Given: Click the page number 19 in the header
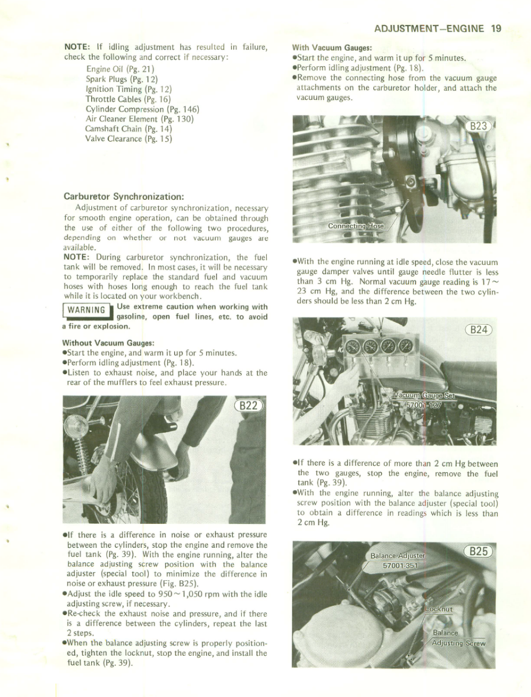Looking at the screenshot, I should pyautogui.click(x=496, y=28).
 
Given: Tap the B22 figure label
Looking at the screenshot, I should pyautogui.click(x=248, y=405).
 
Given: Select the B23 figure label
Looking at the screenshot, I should pyautogui.click(x=480, y=127).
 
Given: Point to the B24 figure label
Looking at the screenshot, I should pyautogui.click(x=479, y=330).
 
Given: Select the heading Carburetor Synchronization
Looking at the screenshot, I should pyautogui.click(x=124, y=196).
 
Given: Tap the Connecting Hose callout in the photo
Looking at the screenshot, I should pyautogui.click(x=356, y=226).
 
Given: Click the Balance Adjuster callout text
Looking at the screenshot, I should pyautogui.click(x=397, y=556).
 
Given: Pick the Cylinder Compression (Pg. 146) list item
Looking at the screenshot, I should pyautogui.click(x=142, y=109).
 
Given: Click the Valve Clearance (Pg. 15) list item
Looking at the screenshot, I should pyautogui.click(x=128, y=138).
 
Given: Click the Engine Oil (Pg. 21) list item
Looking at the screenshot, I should pyautogui.click(x=119, y=69).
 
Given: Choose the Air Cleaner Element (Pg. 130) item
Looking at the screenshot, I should pyautogui.click(x=139, y=118).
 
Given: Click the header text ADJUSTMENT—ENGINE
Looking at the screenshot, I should pyautogui.click(x=429, y=28).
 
